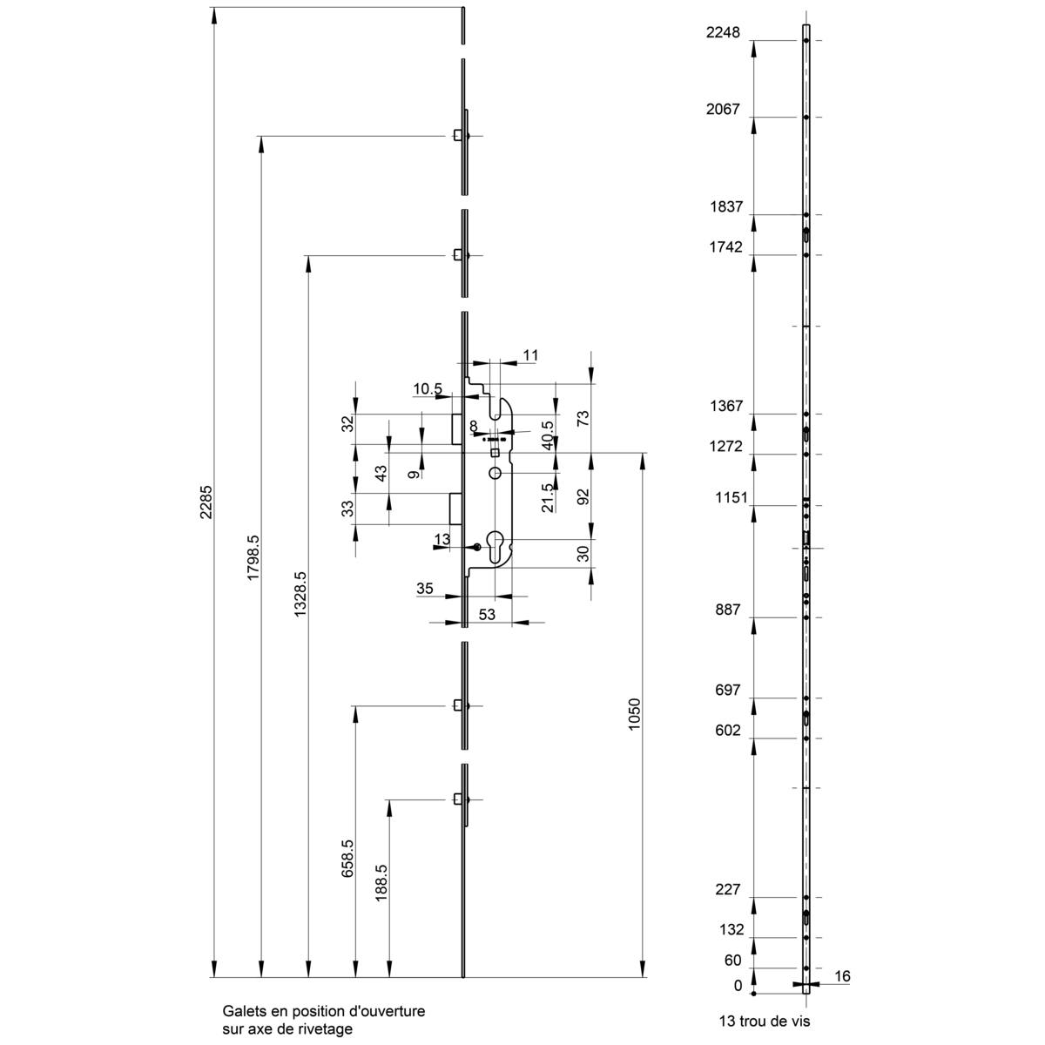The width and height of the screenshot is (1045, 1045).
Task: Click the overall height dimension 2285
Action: pyautogui.click(x=206, y=502)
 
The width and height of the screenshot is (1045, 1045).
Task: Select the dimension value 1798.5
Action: pyautogui.click(x=253, y=558)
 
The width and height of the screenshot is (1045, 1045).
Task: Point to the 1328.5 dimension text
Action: pyautogui.click(x=300, y=596)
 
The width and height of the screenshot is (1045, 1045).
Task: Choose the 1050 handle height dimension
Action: pyautogui.click(x=635, y=714)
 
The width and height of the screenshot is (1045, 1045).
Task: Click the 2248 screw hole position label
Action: pyautogui.click(x=722, y=33)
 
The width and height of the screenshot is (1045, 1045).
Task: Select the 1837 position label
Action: pyautogui.click(x=725, y=207)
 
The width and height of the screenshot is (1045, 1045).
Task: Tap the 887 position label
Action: pyautogui.click(x=727, y=610)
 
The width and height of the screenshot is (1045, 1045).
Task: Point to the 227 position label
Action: pyautogui.click(x=727, y=890)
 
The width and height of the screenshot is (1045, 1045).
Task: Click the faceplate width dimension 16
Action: pyautogui.click(x=841, y=977)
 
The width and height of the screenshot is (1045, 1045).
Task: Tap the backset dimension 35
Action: pyautogui.click(x=425, y=589)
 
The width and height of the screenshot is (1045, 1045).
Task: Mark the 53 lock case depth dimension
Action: pyautogui.click(x=487, y=615)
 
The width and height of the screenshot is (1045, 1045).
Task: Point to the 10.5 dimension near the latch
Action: pyautogui.click(x=428, y=388)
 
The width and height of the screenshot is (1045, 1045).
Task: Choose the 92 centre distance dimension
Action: pyautogui.click(x=583, y=496)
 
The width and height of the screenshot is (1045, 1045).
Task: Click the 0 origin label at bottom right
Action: pyautogui.click(x=738, y=986)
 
